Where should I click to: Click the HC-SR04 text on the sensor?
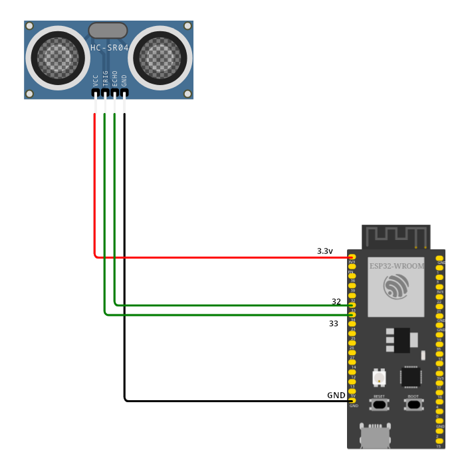(x=109, y=48)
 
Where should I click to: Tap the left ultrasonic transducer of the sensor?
(x=58, y=58)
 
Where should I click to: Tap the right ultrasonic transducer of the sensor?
(x=160, y=58)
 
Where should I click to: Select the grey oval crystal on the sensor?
(x=107, y=30)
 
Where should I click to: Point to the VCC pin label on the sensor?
(x=96, y=80)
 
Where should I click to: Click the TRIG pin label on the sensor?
(x=106, y=79)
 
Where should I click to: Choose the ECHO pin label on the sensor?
(x=115, y=79)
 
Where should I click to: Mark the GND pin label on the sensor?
(x=124, y=80)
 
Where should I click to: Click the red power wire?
(x=199, y=257)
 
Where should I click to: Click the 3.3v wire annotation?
(x=324, y=251)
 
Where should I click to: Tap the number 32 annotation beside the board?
(x=336, y=302)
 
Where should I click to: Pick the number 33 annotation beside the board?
(x=334, y=324)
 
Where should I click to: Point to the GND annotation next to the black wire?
(x=336, y=396)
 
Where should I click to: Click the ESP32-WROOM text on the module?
(x=396, y=265)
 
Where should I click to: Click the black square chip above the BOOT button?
(x=410, y=376)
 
